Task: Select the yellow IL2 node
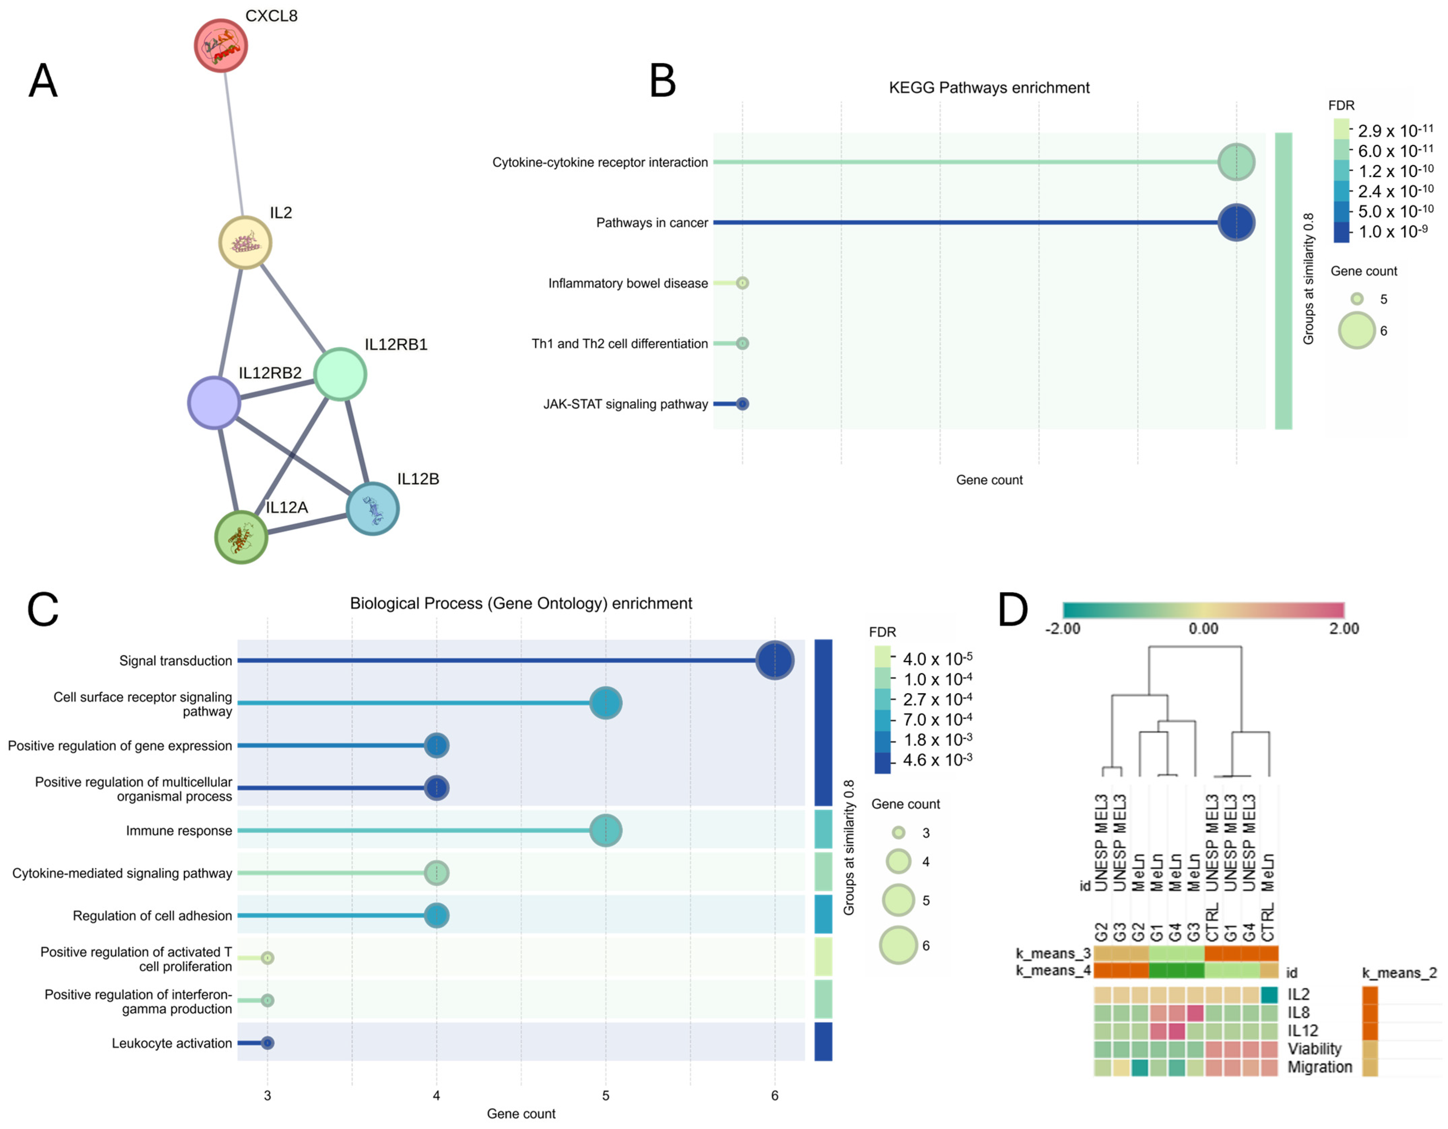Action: pos(245,243)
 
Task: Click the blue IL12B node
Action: pos(373,509)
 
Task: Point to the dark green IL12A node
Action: pos(241,537)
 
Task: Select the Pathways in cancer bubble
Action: pos(1236,223)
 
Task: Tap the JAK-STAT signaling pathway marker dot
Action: pos(743,404)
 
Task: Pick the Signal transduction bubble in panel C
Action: pos(774,660)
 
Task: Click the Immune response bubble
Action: pos(605,831)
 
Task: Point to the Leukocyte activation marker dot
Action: pos(267,1043)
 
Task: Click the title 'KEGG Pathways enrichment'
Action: pos(989,88)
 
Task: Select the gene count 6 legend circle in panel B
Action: pos(1356,330)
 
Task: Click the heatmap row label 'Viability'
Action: pos(1314,1049)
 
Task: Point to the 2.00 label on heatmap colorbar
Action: pos(1343,628)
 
